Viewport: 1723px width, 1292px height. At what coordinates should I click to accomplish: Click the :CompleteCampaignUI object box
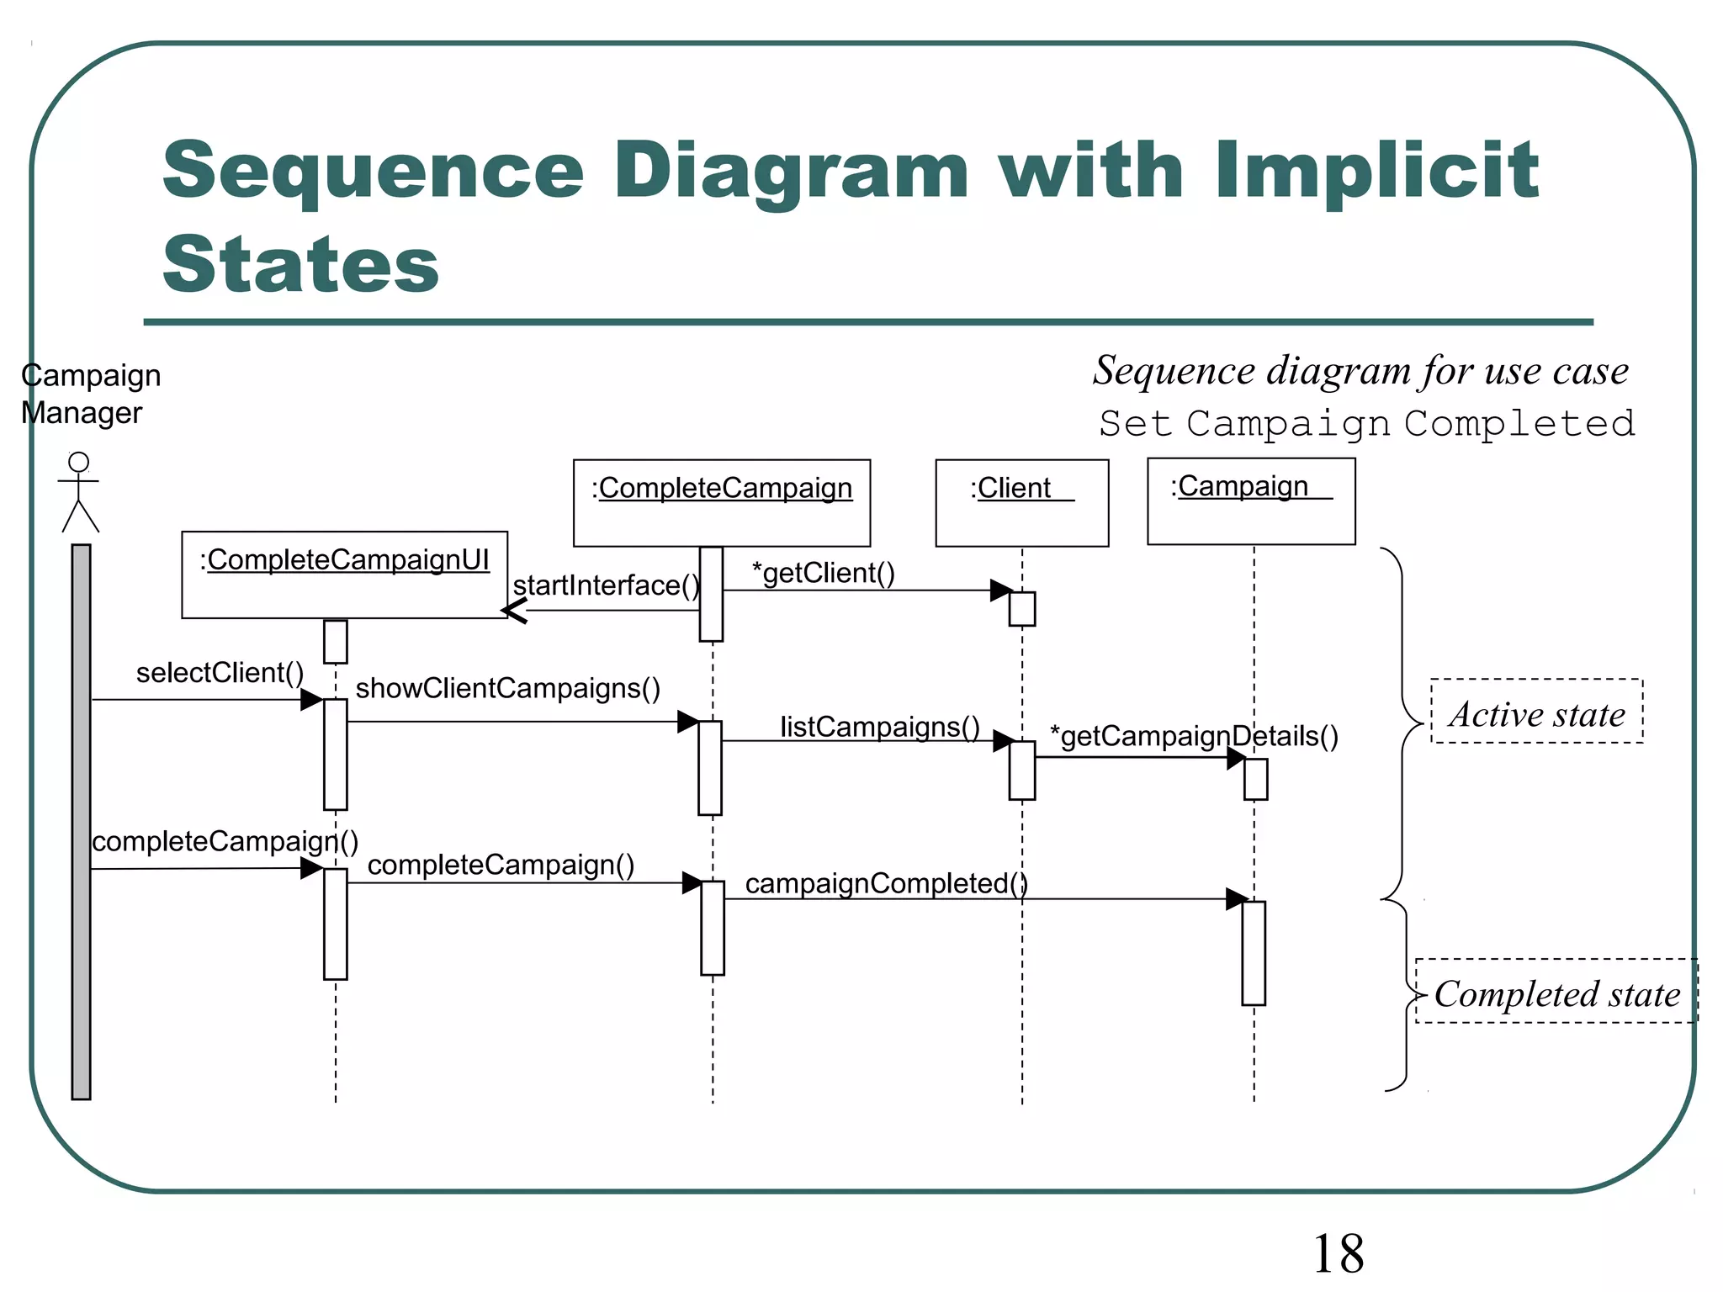point(344,575)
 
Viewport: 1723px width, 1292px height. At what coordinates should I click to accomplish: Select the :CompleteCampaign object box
point(721,502)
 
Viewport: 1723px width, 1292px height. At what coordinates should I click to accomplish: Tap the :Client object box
point(1021,502)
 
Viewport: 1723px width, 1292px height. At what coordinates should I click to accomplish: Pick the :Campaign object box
point(1250,501)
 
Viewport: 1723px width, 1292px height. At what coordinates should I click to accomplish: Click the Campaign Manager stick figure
point(79,492)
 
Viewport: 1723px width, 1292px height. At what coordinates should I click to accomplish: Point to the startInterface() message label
point(606,585)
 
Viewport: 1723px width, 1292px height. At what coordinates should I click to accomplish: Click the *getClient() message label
point(823,573)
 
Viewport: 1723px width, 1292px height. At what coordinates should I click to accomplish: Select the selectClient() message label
point(220,673)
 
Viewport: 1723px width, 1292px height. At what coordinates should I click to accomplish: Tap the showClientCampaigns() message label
point(507,688)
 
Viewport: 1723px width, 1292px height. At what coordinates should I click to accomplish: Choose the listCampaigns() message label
point(879,727)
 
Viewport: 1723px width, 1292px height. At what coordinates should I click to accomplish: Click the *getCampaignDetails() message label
point(1194,736)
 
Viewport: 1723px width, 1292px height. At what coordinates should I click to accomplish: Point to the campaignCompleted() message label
point(886,883)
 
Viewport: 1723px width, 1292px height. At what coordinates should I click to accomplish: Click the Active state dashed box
point(1536,712)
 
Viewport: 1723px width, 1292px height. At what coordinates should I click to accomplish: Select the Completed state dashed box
point(1556,992)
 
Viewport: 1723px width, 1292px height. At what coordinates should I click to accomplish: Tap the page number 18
point(1338,1253)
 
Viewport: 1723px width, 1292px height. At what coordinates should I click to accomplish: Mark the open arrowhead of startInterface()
point(513,610)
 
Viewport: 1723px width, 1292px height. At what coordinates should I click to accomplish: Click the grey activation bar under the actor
point(81,821)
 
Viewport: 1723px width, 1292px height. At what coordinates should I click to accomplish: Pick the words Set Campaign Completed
point(1366,423)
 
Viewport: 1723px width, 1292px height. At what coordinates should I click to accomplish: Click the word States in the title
point(300,264)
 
